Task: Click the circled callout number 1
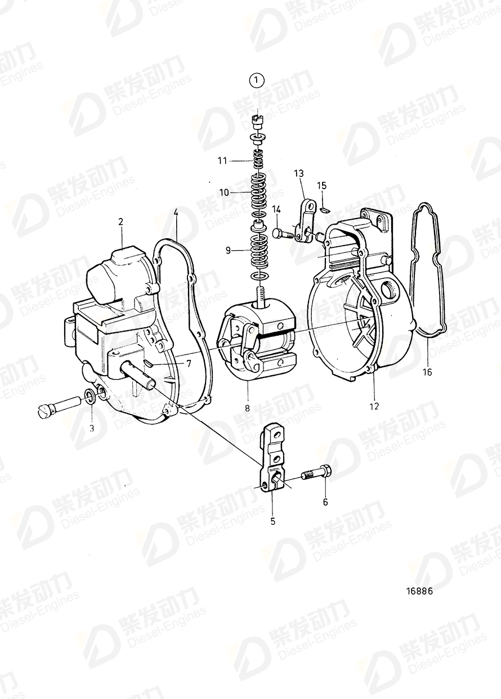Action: click(x=257, y=81)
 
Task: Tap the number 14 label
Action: click(x=277, y=210)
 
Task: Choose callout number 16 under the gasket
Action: click(x=427, y=372)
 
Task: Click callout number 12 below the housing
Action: click(x=374, y=406)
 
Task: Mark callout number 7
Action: click(x=189, y=363)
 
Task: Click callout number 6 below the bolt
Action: click(x=325, y=502)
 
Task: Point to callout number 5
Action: click(x=273, y=522)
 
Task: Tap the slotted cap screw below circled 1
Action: click(x=258, y=120)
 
